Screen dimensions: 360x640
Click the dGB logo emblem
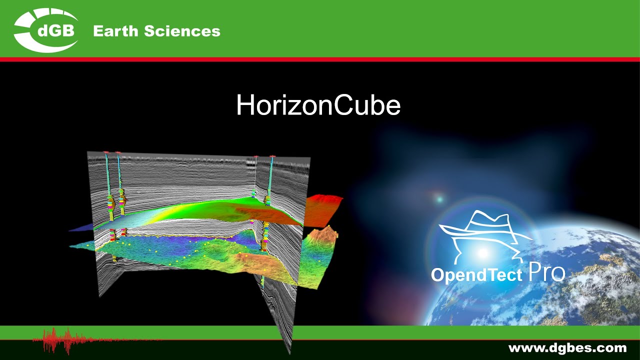(x=46, y=30)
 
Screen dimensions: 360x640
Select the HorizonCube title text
(x=318, y=105)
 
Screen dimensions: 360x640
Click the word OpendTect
(x=476, y=275)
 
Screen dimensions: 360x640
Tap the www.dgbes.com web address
(x=567, y=348)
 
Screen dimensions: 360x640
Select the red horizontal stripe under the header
(x=320, y=59)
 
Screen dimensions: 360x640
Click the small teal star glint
(x=439, y=199)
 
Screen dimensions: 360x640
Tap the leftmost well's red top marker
(x=106, y=152)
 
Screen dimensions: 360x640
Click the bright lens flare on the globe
(x=482, y=252)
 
